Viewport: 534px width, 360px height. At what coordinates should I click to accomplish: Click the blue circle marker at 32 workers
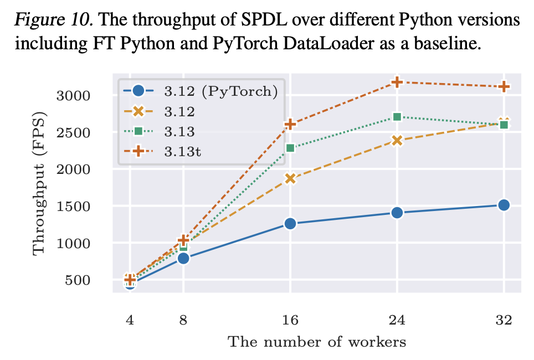[504, 205]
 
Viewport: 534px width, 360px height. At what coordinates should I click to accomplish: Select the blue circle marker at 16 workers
[290, 224]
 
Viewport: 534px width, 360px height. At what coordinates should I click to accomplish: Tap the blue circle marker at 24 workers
[397, 213]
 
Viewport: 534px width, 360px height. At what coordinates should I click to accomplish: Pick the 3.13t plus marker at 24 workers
[397, 82]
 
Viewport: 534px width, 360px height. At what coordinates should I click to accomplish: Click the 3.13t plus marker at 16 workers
[290, 124]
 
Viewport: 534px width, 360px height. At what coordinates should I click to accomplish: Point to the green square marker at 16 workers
[290, 148]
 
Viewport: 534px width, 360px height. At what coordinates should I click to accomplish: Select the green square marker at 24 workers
[397, 117]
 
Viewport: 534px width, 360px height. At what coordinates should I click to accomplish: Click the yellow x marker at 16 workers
[290, 178]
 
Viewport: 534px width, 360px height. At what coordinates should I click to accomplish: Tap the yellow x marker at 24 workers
[397, 140]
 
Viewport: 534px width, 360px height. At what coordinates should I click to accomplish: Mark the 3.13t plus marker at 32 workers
[504, 86]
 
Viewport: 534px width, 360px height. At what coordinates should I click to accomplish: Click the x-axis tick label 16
[290, 320]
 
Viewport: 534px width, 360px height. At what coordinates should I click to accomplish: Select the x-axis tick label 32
[504, 320]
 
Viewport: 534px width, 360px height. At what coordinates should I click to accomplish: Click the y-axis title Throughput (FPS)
[39, 183]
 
